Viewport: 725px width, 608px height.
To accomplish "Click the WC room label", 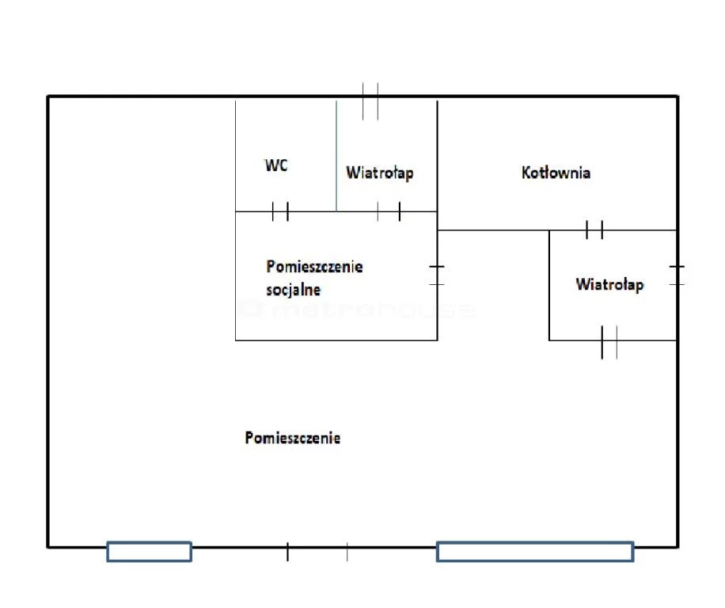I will [275, 165].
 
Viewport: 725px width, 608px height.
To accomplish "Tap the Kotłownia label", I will [556, 172].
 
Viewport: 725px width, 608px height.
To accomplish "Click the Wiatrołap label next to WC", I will [379, 173].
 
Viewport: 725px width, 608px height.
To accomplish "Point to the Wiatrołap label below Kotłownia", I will [609, 284].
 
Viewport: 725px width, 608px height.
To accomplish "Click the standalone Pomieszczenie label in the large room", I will [293, 437].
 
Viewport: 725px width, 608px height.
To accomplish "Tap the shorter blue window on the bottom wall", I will [149, 551].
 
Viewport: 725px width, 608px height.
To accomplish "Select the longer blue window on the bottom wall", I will [534, 551].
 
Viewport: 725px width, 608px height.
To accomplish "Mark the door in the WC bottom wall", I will [279, 211].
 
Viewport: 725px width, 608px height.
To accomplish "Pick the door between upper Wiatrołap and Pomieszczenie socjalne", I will [389, 211].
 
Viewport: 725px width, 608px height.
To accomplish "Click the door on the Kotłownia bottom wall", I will [594, 230].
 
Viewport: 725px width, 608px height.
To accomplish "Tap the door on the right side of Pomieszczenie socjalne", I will [437, 275].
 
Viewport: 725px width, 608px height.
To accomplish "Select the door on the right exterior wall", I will [677, 275].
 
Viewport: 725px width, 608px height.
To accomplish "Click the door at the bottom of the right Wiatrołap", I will [609, 341].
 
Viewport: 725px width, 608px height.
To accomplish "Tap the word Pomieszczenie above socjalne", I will [314, 267].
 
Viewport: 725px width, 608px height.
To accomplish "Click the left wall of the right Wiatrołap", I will [549, 285].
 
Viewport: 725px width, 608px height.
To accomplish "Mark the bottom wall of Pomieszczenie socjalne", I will [336, 340].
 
